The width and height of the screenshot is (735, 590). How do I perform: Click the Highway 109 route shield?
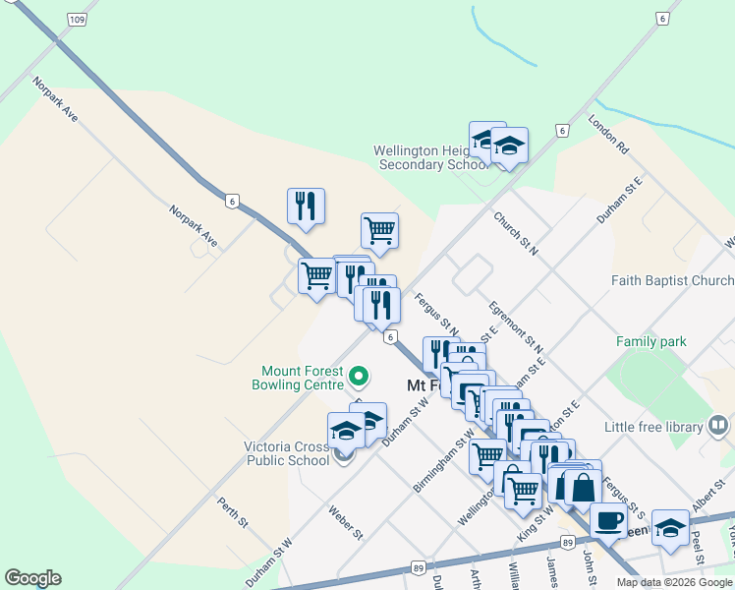(x=77, y=19)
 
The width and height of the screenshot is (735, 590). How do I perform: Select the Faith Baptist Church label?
(x=672, y=280)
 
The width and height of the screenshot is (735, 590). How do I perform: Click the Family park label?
(x=650, y=341)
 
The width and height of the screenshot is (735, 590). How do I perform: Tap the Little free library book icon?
(x=718, y=426)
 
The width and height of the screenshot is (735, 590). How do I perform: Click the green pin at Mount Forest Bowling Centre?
(x=359, y=376)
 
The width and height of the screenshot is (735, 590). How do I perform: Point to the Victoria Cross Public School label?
(x=287, y=453)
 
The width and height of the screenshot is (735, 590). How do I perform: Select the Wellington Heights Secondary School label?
(x=431, y=158)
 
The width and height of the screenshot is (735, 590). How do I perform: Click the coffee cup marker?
(x=607, y=518)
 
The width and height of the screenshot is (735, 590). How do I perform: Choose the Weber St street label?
(x=346, y=522)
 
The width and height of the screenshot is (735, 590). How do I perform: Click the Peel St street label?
(x=699, y=552)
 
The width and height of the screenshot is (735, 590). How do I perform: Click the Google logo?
(x=32, y=578)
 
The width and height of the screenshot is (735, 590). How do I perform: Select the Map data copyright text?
(x=673, y=582)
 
